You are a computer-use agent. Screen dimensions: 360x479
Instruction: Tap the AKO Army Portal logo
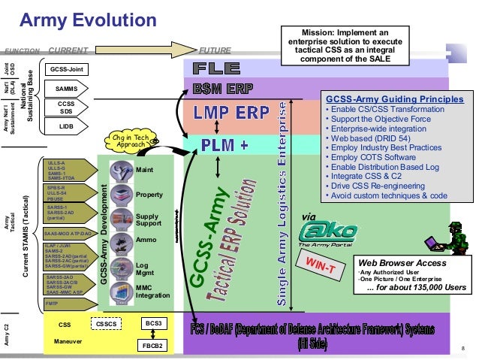[321, 225]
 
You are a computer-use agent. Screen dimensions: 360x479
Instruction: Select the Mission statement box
[337, 47]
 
